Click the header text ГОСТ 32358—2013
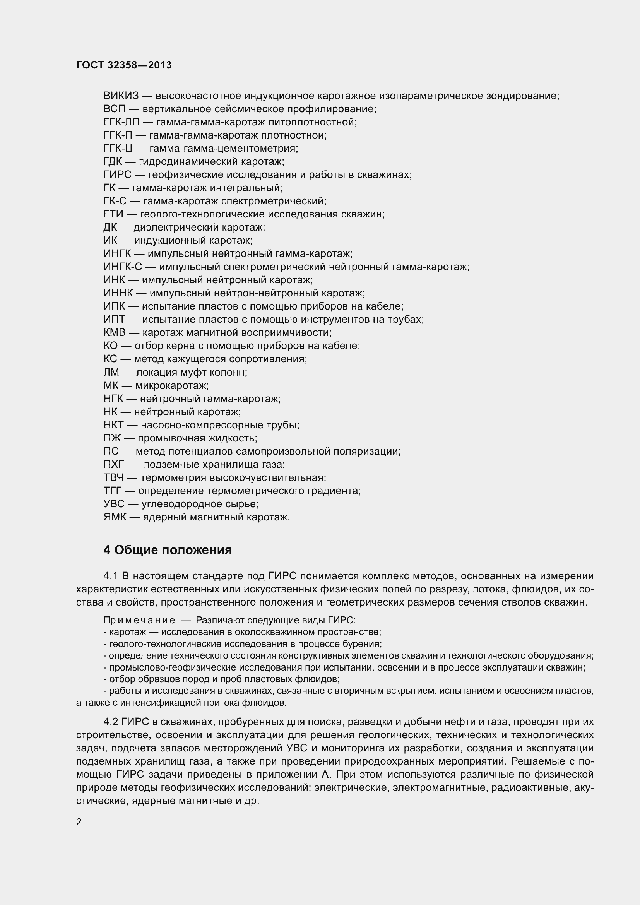tap(124, 65)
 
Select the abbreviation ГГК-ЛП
tap(121, 122)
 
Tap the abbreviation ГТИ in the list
tap(113, 214)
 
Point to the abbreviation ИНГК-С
tap(123, 267)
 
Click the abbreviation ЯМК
tap(115, 517)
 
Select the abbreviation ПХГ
tap(113, 464)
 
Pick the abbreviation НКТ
tap(113, 425)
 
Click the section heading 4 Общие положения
tap(168, 550)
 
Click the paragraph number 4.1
tap(111, 576)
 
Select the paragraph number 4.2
tap(111, 722)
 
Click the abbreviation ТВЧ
tap(113, 478)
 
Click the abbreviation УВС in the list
tap(114, 504)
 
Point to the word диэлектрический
tap(177, 228)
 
